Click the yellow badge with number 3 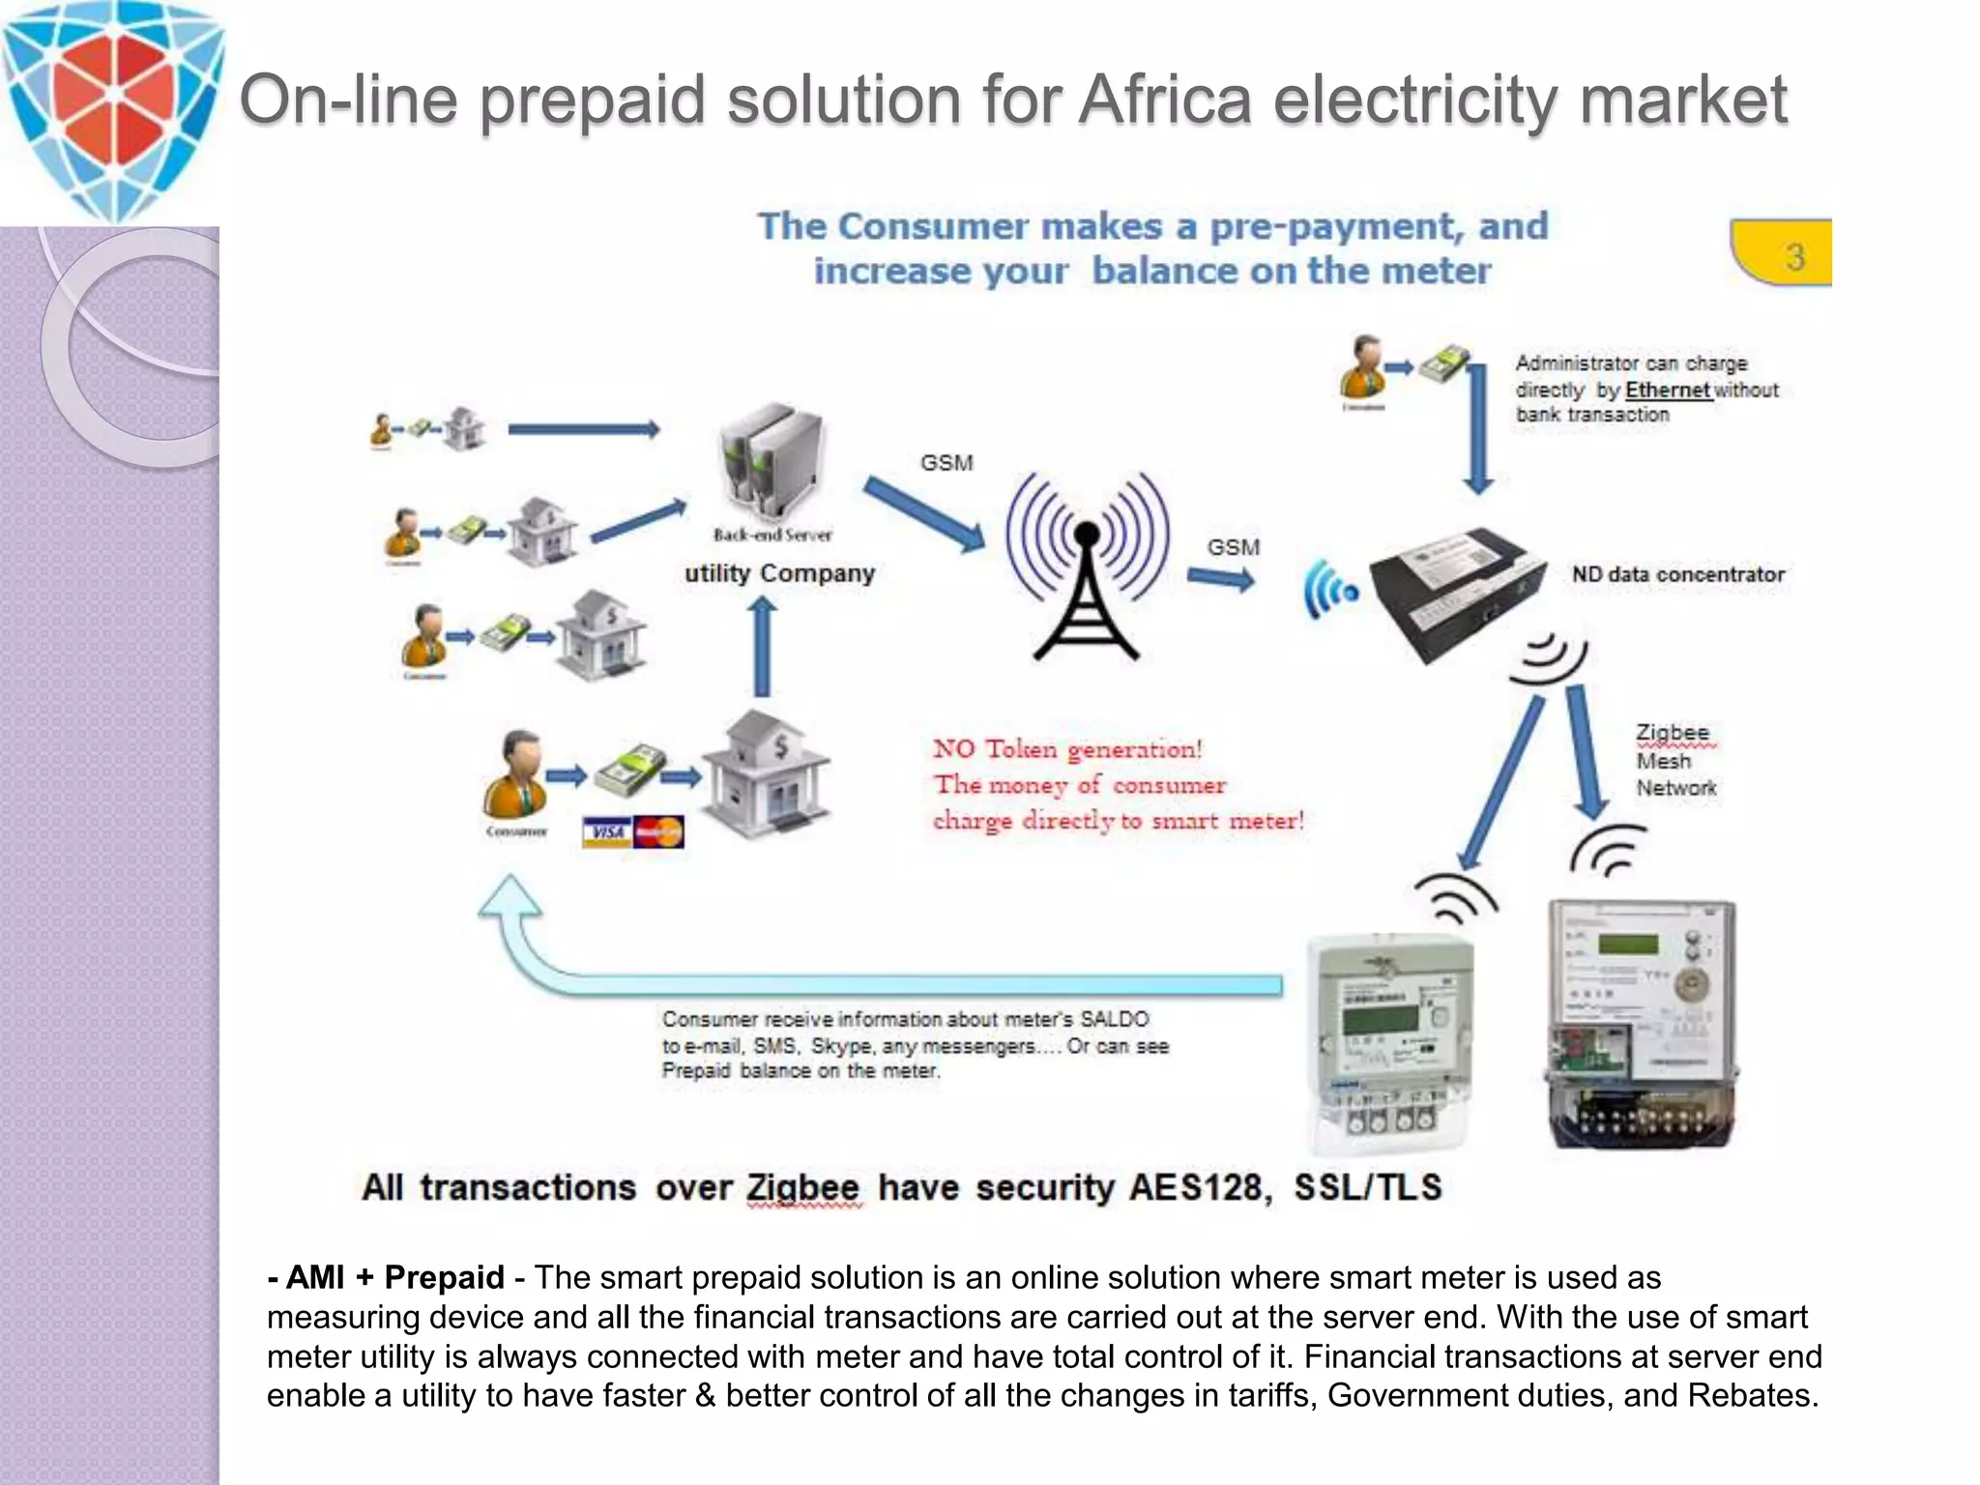pyautogui.click(x=1784, y=253)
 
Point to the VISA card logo pyautogui.click(x=607, y=832)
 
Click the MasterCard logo pyautogui.click(x=659, y=832)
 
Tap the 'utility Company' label pyautogui.click(x=779, y=573)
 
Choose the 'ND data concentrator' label pyautogui.click(x=1677, y=574)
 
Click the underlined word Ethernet pyautogui.click(x=1668, y=390)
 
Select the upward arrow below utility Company pyautogui.click(x=763, y=645)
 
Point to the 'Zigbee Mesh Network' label pyautogui.click(x=1675, y=761)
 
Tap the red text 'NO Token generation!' pyautogui.click(x=1067, y=749)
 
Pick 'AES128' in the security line pyautogui.click(x=1200, y=1187)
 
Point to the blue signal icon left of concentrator pyautogui.click(x=1330, y=589)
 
